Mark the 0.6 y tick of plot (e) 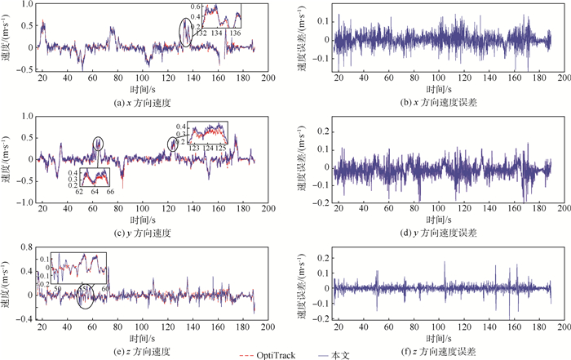pos(24,250)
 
